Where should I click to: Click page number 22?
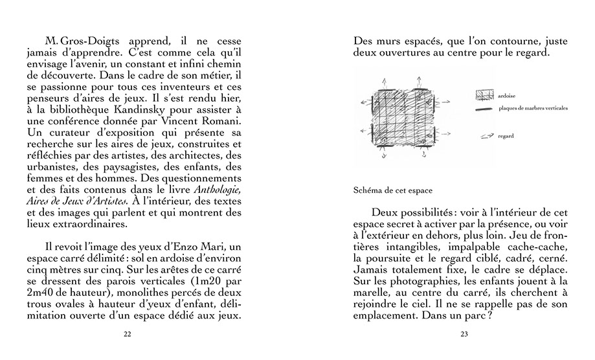(x=127, y=334)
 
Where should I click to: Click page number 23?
(x=464, y=334)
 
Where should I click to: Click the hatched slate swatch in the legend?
(x=485, y=95)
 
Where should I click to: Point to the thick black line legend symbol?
(x=485, y=109)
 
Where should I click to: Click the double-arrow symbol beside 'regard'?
(x=485, y=137)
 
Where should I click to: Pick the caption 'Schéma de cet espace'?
(x=393, y=191)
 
